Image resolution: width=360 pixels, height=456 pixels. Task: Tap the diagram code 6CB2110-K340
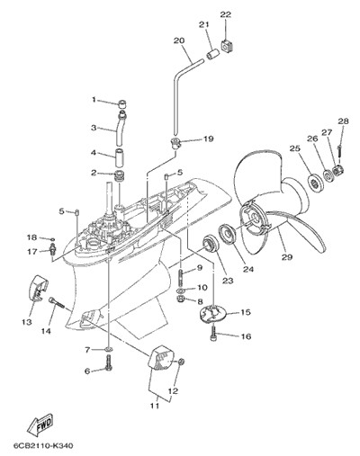coord(43,446)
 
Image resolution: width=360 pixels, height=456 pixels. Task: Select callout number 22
coord(226,14)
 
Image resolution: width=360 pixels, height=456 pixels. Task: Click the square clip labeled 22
coord(228,45)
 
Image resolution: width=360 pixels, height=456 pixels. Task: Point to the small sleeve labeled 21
coord(213,54)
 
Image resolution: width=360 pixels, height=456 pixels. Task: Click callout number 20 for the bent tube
coord(179,40)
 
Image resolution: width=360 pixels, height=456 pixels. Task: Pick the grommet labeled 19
coord(175,142)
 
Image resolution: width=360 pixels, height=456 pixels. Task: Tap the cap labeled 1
coord(121,104)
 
